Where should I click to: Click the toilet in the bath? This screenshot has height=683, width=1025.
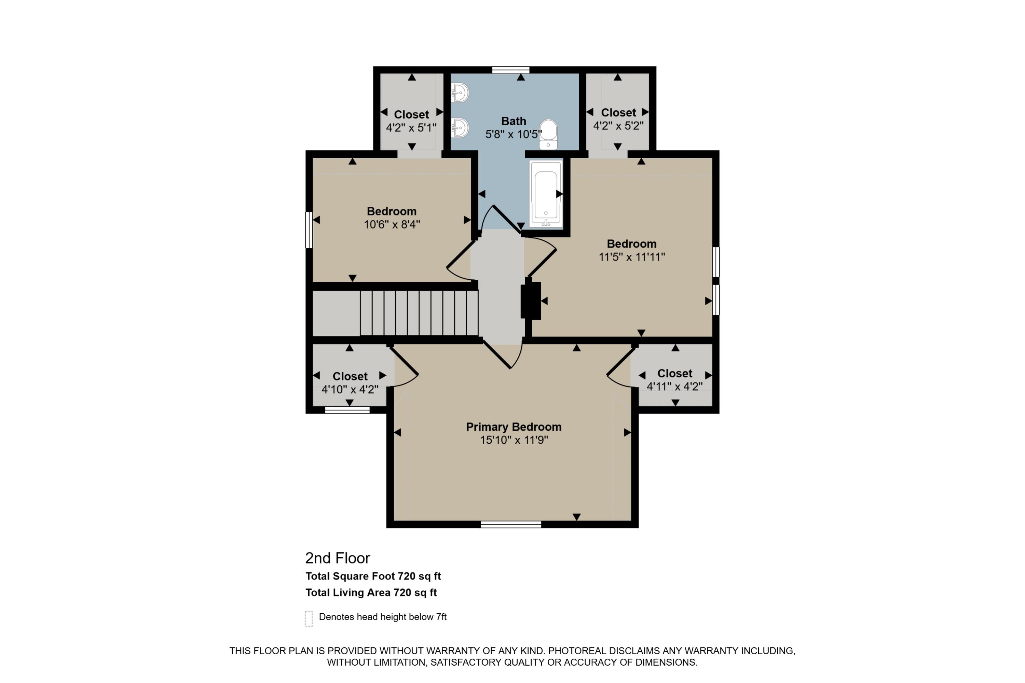tap(548, 135)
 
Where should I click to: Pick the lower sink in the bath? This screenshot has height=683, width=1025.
tap(460, 128)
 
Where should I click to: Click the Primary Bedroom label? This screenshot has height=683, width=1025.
tap(514, 427)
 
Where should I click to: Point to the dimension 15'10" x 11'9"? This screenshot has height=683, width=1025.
tap(514, 440)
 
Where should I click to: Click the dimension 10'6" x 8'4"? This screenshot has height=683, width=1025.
tap(392, 224)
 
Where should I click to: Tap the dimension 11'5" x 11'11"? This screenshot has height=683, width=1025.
tap(631, 257)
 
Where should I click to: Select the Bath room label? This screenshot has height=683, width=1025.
tap(514, 121)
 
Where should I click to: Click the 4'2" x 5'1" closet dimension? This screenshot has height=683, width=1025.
tap(411, 128)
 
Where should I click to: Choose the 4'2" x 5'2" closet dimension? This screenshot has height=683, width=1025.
tap(618, 125)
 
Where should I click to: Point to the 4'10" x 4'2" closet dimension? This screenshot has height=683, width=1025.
tap(350, 389)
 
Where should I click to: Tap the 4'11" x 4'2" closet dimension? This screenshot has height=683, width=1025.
tap(674, 386)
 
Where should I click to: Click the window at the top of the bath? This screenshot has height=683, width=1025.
tap(511, 70)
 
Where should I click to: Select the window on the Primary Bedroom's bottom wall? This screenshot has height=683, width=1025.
tap(511, 525)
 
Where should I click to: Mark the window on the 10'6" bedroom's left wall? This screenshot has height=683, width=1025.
tap(309, 230)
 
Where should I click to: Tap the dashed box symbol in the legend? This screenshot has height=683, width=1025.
tap(309, 618)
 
